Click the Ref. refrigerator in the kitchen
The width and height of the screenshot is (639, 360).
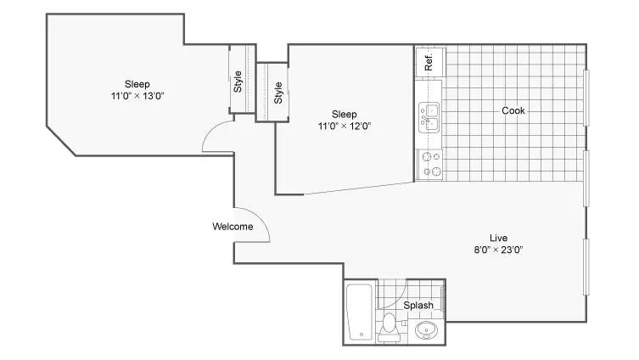click(430, 62)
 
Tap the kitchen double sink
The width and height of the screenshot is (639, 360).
click(429, 117)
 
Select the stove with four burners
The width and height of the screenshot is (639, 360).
click(430, 165)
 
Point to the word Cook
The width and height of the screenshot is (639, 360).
click(513, 110)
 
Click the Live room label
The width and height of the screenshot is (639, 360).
click(498, 238)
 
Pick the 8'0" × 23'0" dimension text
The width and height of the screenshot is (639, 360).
click(498, 250)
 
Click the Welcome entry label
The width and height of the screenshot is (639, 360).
click(233, 227)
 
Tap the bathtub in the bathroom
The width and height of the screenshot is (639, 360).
click(359, 312)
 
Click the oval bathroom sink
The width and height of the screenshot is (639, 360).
click(426, 329)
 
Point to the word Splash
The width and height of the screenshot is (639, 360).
click(418, 306)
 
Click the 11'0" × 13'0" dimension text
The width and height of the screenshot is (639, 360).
click(137, 96)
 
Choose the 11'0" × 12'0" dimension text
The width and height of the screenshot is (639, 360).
click(345, 126)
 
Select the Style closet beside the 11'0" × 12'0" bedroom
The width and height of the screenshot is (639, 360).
click(272, 93)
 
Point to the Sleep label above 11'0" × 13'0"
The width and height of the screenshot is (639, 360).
click(137, 84)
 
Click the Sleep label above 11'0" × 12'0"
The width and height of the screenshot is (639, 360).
click(345, 114)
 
